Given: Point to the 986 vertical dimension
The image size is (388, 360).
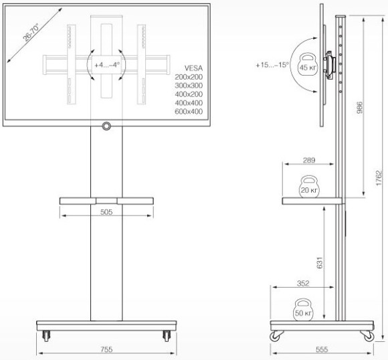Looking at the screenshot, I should point(361,108).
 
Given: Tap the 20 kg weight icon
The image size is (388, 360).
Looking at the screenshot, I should point(308,187).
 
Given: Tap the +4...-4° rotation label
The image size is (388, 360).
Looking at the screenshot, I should point(107,66).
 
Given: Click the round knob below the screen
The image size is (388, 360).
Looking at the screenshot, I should point(106,126).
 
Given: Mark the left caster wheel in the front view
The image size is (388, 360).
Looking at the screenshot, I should point(46,335).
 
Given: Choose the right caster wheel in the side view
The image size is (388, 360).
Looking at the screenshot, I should point(367,334).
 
